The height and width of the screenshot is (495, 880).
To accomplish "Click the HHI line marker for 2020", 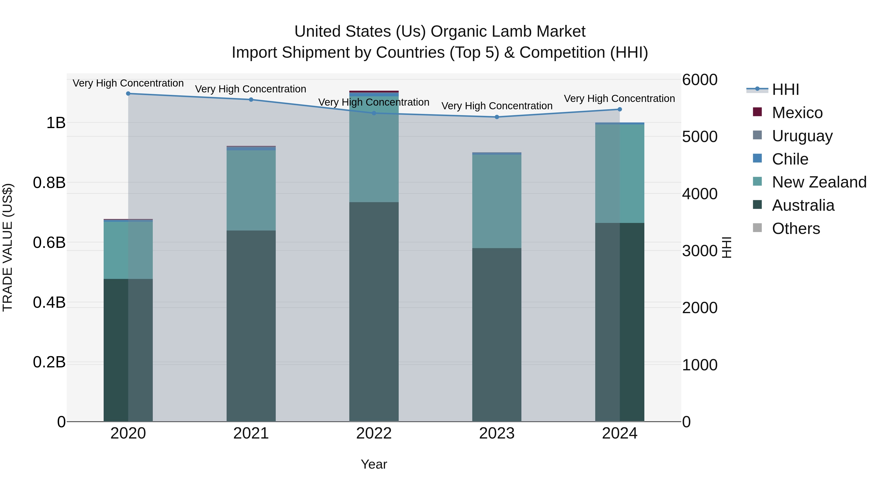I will [128, 93].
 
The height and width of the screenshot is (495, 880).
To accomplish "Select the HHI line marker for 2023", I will [497, 117].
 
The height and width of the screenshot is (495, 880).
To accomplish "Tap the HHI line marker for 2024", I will [619, 109].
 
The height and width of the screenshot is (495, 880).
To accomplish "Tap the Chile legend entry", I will [790, 159].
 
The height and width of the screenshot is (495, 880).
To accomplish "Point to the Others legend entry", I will [796, 229].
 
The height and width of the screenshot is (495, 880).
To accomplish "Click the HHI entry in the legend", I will [785, 89].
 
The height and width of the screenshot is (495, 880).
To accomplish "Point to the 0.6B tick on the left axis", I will [49, 242].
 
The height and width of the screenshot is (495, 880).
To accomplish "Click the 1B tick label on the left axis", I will [56, 123].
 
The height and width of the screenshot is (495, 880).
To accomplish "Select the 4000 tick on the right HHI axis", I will [699, 194].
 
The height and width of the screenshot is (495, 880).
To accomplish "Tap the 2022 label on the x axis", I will [374, 433].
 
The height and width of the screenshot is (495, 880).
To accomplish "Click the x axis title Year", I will [374, 464].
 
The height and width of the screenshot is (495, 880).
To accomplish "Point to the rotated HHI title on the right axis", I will [727, 247].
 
